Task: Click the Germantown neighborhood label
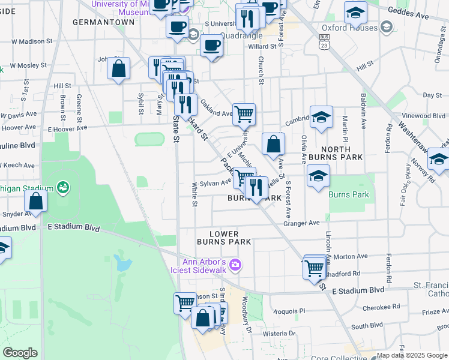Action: [x=103, y=22]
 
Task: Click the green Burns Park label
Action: [x=349, y=194]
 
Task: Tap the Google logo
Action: [x=20, y=353]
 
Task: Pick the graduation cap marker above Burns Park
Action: [x=318, y=175]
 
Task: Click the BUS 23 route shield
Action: [x=324, y=41]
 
